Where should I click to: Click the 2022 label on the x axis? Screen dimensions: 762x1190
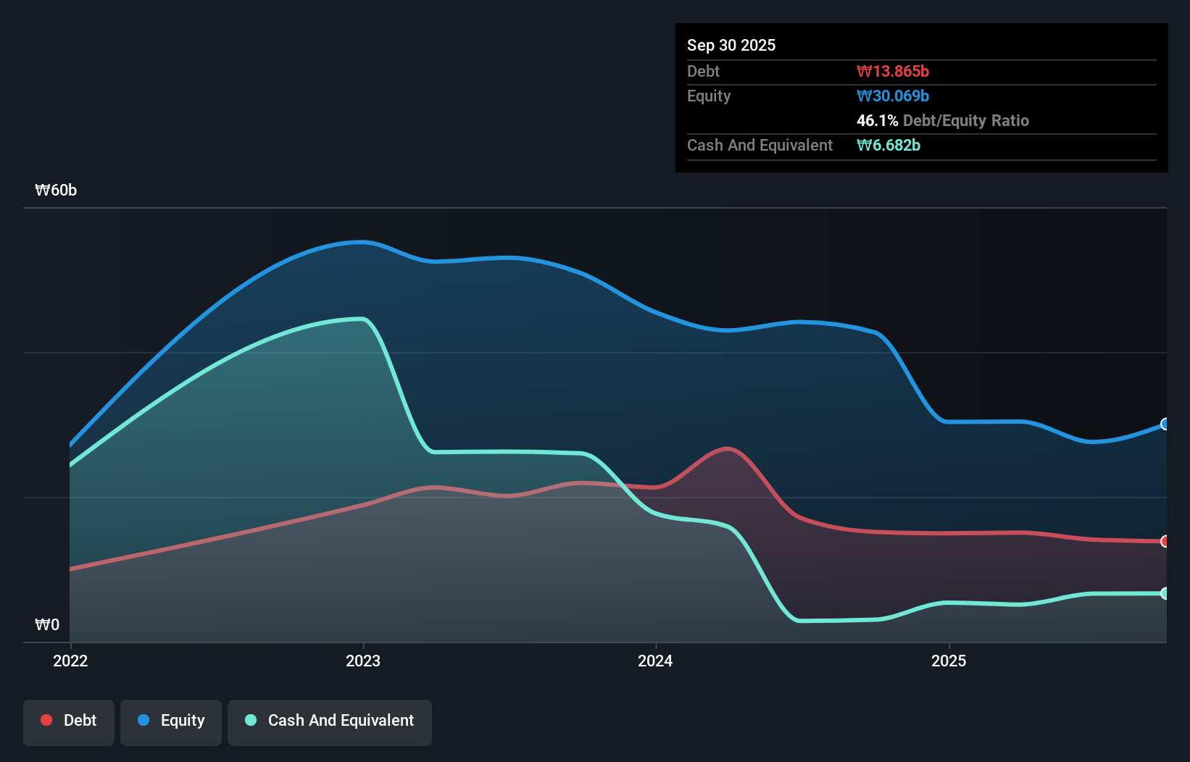(70, 661)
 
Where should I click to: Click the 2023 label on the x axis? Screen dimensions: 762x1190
(363, 661)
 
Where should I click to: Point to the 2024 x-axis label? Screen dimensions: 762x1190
(655, 661)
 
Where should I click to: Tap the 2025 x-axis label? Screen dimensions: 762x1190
(949, 661)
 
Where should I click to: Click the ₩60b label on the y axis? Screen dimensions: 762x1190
(56, 190)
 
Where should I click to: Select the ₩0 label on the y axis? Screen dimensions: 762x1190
(47, 624)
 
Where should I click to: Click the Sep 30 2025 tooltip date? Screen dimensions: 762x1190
(731, 45)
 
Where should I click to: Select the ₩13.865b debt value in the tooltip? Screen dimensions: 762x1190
(892, 71)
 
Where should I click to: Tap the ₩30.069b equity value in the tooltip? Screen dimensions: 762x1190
(892, 96)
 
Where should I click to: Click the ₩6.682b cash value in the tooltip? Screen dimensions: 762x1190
(888, 145)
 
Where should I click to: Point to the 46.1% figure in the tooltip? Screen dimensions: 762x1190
(877, 120)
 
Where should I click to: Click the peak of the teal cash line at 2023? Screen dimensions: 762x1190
(362, 319)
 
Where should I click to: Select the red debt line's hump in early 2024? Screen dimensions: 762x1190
(727, 449)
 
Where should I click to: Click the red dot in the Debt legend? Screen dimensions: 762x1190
(46, 720)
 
